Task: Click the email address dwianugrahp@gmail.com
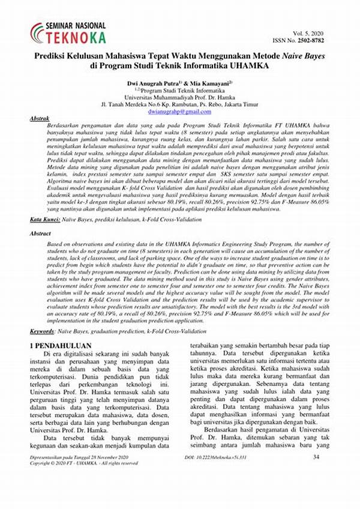pos(179,112)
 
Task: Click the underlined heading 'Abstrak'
pos(40,119)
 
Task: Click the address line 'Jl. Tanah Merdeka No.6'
pos(179,104)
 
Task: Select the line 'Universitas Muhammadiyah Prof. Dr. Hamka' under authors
pos(179,97)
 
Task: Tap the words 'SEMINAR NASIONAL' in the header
pos(76,26)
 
